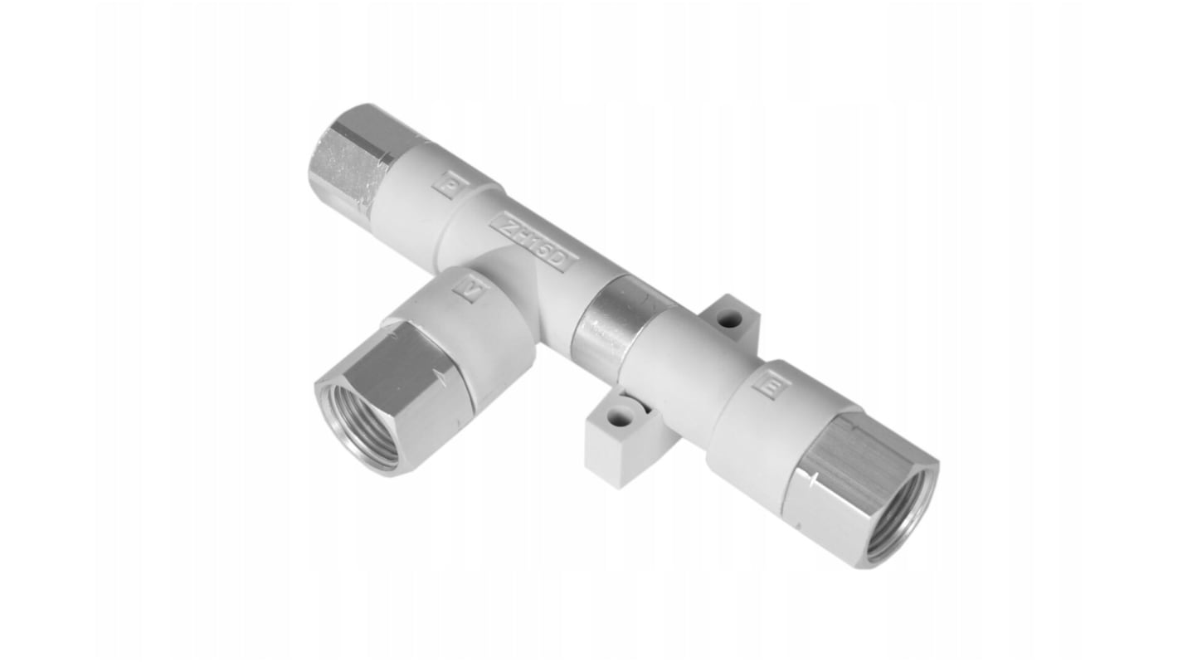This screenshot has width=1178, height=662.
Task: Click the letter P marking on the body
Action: (451, 183)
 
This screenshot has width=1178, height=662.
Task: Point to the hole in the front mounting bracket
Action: (620, 419)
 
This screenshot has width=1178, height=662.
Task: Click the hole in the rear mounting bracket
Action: (729, 317)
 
